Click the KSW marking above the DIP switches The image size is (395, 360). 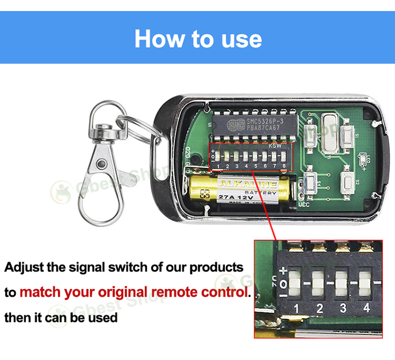tap(276, 146)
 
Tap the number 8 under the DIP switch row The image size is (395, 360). tap(284, 166)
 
